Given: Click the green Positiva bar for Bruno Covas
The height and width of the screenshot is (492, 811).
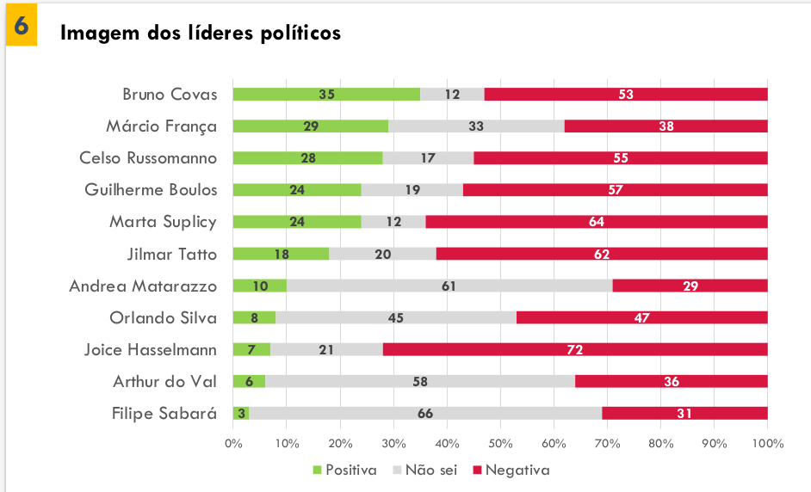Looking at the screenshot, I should (x=326, y=95).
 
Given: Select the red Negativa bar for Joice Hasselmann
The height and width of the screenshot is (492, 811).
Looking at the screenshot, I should (x=575, y=349).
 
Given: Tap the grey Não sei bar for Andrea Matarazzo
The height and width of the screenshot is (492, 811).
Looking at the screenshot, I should (x=448, y=286).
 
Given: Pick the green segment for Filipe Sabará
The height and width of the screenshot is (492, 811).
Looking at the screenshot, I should (x=241, y=413).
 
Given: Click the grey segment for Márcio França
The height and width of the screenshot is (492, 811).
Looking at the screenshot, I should (x=476, y=126).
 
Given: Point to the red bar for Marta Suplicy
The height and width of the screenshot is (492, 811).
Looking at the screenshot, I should (x=596, y=222).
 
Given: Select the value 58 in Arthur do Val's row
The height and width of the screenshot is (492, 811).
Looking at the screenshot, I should (x=420, y=381).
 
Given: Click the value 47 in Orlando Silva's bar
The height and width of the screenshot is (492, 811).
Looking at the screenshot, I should (x=641, y=317).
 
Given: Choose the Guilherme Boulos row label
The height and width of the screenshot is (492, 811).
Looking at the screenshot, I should (x=151, y=190).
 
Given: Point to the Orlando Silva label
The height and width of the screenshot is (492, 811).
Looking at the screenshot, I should (x=163, y=317).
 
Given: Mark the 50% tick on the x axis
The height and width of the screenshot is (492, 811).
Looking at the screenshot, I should (x=500, y=444).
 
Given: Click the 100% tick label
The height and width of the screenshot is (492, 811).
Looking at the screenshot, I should (x=767, y=444).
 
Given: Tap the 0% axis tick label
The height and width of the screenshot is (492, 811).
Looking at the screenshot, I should (x=233, y=444).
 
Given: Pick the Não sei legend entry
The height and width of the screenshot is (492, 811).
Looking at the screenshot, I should (x=425, y=470).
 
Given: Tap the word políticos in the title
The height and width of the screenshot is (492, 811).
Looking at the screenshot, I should (x=299, y=34).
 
